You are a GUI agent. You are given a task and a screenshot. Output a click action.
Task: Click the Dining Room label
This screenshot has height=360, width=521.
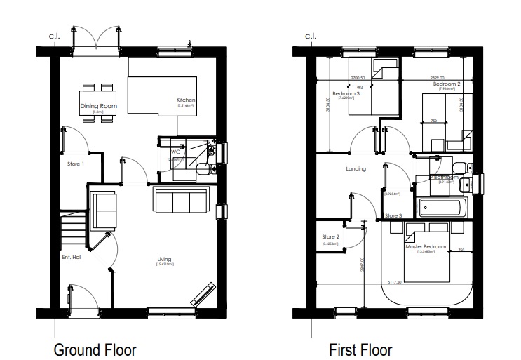pyautogui.click(x=98, y=107)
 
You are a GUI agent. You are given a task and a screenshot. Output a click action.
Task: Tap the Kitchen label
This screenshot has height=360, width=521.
pyautogui.click(x=186, y=100)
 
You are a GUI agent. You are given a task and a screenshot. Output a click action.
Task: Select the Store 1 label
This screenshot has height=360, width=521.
pyautogui.click(x=76, y=164)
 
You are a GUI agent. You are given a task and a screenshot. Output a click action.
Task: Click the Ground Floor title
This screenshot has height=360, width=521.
pyautogui.click(x=95, y=349)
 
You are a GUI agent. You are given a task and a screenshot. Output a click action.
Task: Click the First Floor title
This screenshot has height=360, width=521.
pyautogui.click(x=360, y=349)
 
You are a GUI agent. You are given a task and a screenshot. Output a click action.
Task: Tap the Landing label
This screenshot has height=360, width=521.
pyautogui.click(x=356, y=169)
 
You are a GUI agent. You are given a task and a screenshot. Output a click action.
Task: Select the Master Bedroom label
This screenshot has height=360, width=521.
pyautogui.click(x=424, y=247)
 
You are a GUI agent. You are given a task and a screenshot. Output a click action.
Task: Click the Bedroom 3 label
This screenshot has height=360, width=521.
pyautogui.click(x=346, y=94)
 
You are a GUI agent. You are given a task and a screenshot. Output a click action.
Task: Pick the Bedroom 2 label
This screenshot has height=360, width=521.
pyautogui.click(x=447, y=84)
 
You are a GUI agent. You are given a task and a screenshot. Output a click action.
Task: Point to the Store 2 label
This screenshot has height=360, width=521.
pyautogui.click(x=331, y=237)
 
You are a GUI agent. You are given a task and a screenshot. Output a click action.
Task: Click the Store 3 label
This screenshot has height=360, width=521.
pyautogui.click(x=394, y=215)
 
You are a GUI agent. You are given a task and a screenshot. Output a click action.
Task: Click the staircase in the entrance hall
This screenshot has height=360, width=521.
pyautogui.click(x=73, y=230)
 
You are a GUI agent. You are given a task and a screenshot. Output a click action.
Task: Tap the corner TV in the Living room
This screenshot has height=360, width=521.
pyautogui.click(x=203, y=293)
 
